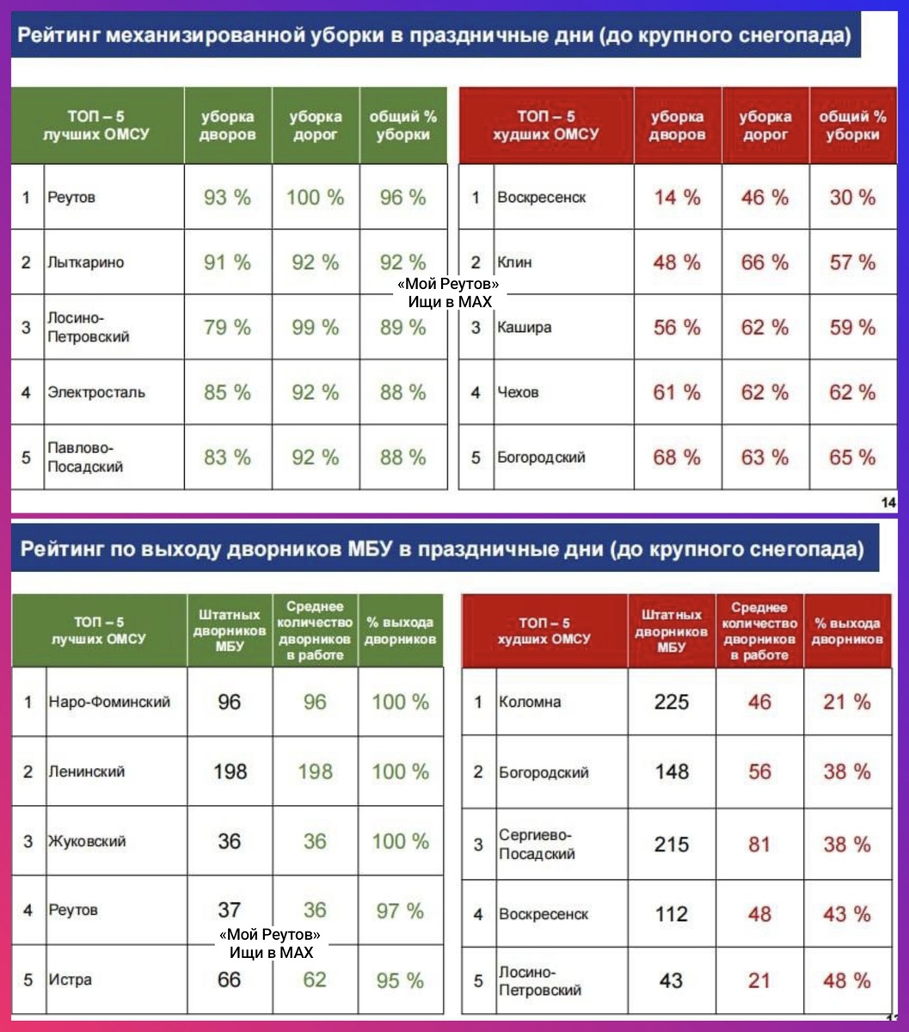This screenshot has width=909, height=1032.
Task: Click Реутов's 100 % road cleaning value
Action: (315, 198)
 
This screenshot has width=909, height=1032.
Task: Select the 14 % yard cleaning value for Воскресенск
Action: (677, 198)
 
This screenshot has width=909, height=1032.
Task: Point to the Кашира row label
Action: (525, 328)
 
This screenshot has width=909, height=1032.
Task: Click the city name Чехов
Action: (518, 392)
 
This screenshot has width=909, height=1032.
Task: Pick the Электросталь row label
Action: (95, 392)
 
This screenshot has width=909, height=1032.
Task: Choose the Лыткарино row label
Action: (85, 262)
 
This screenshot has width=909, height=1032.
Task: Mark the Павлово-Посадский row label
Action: (85, 458)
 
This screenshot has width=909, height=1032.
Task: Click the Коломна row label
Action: (530, 702)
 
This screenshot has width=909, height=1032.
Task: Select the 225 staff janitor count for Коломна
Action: (672, 702)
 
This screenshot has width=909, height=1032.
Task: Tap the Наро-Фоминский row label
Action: (109, 702)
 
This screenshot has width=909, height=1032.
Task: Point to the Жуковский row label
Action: (87, 841)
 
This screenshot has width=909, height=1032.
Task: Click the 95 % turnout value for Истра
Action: (400, 980)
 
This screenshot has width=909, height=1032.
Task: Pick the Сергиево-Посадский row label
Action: (537, 845)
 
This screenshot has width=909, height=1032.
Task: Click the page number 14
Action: (888, 502)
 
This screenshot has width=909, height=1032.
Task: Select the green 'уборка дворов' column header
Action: (228, 126)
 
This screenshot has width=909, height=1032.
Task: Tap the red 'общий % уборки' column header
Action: (852, 126)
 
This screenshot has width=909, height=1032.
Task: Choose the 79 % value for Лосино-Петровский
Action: (227, 328)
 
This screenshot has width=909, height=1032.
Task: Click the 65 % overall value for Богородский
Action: (852, 458)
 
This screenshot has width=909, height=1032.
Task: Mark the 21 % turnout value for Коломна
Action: (847, 702)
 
